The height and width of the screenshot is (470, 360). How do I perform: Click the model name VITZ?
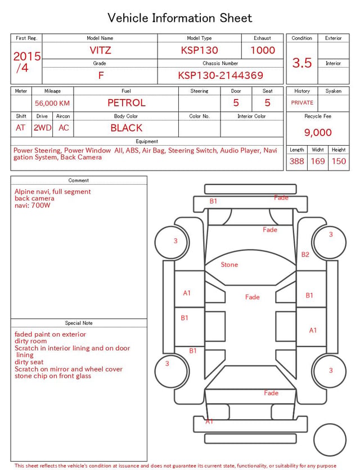(100, 50)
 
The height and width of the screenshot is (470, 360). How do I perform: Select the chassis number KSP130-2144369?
(220, 75)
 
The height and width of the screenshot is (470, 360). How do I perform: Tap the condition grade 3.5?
(302, 62)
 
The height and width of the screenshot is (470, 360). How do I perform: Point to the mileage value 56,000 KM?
(52, 103)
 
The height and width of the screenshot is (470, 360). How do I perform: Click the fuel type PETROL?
(127, 103)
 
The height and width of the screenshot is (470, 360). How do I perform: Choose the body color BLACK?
(127, 128)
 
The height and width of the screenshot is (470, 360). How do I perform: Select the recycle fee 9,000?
(318, 132)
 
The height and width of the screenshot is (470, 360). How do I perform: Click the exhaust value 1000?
(263, 50)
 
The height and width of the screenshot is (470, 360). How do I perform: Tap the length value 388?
(297, 161)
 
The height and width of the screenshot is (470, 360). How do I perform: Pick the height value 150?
(339, 161)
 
